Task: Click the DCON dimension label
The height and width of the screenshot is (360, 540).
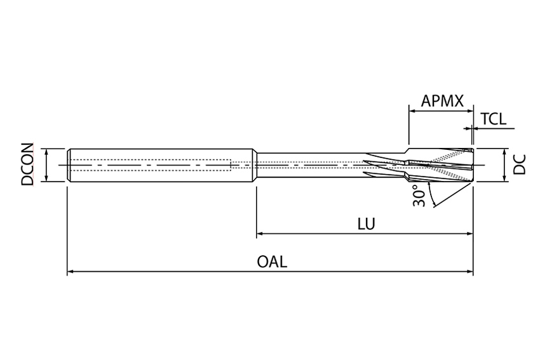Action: [x=27, y=165]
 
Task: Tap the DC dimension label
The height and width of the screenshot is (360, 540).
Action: [x=520, y=165]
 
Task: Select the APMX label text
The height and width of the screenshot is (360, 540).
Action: [x=442, y=101]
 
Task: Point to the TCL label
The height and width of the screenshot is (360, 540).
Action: [x=493, y=119]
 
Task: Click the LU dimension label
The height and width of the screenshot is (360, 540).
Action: [x=366, y=223]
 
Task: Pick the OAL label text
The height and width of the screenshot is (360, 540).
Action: [x=271, y=262]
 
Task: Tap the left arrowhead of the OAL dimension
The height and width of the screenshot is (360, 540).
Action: [x=71, y=272]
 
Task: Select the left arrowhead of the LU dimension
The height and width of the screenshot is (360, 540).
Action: [x=260, y=234]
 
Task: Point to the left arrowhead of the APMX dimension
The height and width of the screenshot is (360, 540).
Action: [x=412, y=111]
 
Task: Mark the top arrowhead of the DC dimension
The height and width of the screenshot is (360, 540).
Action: [x=504, y=152]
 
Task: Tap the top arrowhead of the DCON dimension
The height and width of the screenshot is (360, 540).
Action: [x=46, y=152]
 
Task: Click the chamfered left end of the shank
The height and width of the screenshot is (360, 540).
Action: [x=69, y=165]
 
